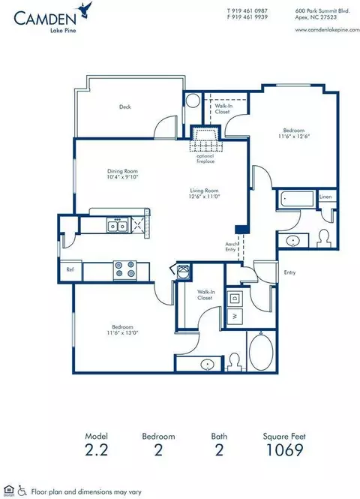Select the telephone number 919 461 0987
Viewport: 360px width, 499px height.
(252, 11)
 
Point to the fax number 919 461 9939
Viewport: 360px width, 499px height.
(252, 18)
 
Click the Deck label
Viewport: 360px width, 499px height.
(126, 107)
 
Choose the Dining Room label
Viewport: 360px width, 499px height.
(122, 171)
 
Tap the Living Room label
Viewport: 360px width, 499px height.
(202, 191)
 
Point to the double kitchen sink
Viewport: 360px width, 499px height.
(116, 225)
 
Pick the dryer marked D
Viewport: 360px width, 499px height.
(235, 298)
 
